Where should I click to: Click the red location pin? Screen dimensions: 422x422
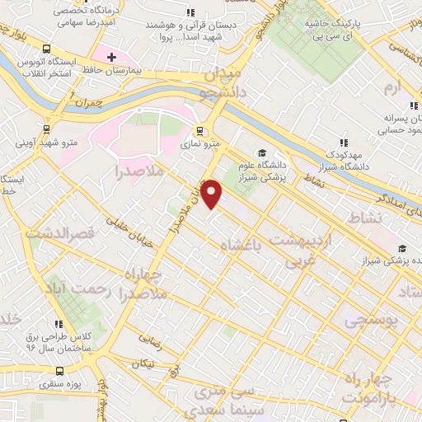[x=213, y=194]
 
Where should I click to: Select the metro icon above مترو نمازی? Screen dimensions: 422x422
[x=199, y=131]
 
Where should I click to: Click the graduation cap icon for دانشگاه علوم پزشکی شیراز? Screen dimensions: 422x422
[x=260, y=152]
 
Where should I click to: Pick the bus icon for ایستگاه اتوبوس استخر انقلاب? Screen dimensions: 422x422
[x=45, y=50]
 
